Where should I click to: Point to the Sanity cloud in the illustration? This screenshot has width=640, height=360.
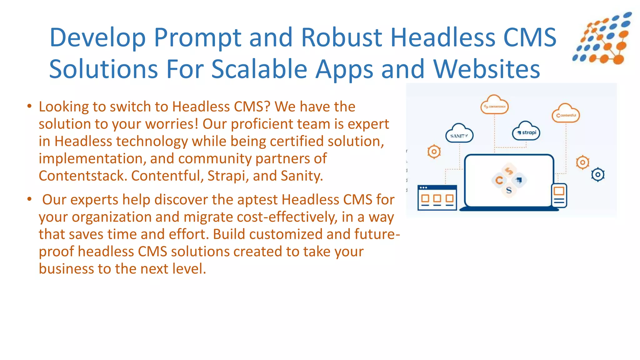[x=459, y=134]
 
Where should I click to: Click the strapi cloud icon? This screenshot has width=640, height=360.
[x=526, y=132]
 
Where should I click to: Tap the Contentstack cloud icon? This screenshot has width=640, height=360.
[x=494, y=105]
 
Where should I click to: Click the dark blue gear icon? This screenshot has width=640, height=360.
[x=598, y=175]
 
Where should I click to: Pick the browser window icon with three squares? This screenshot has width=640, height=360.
[x=437, y=197]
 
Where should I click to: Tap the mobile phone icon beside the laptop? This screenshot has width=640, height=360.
[x=559, y=195]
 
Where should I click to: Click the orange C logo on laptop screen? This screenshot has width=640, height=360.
[x=499, y=180]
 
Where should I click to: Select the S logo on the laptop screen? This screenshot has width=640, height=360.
[x=509, y=190]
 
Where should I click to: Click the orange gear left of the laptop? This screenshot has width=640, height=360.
[x=434, y=152]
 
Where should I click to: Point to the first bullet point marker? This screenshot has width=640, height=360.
[x=29, y=106]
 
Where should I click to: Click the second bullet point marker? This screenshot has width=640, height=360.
[x=29, y=199]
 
